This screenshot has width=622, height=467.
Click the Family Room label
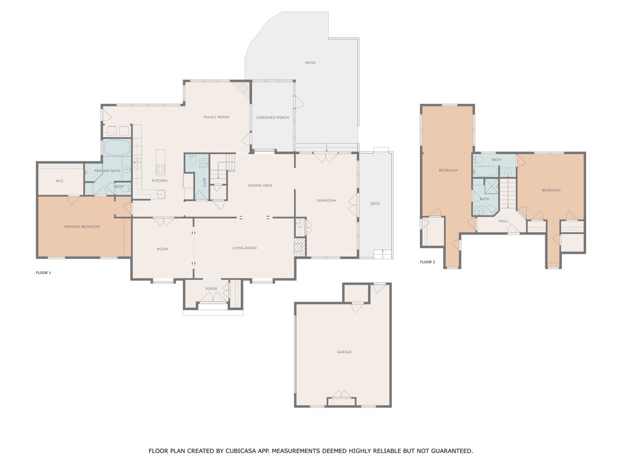pos(216,117)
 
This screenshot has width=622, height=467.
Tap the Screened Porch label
pos(273,118)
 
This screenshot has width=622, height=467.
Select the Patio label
pos(310,63)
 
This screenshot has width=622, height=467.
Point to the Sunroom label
pos(326,201)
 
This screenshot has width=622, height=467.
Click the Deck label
pos(375,203)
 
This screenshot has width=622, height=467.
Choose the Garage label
pos(344,352)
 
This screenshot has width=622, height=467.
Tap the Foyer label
pos(211,289)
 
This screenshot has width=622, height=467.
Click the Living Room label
pos(244,248)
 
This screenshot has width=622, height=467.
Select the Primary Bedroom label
pos(82,227)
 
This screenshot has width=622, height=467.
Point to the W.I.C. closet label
pos(60,181)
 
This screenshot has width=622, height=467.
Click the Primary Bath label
pos(107,171)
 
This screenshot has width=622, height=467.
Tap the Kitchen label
pos(160,181)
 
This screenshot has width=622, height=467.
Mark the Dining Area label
pos(260,185)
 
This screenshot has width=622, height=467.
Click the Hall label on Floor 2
pos(503,221)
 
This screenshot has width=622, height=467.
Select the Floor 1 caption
pos(44,273)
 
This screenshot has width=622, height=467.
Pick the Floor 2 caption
pos(428,262)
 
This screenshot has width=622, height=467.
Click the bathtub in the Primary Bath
pos(117,147)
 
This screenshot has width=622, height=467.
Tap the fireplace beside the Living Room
pos(300,248)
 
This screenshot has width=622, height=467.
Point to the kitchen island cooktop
pos(161,169)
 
